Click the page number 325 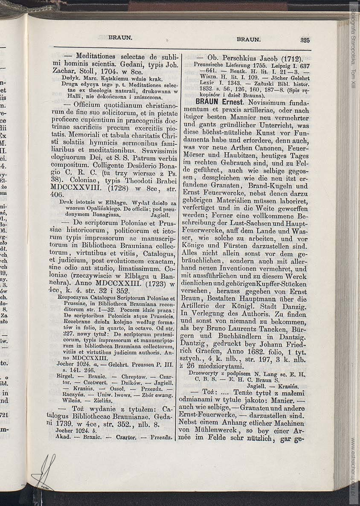(x=304, y=40)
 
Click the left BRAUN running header (x=120, y=37)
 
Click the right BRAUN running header (x=248, y=39)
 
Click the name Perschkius (x=241, y=59)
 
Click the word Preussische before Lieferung (x=212, y=66)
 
